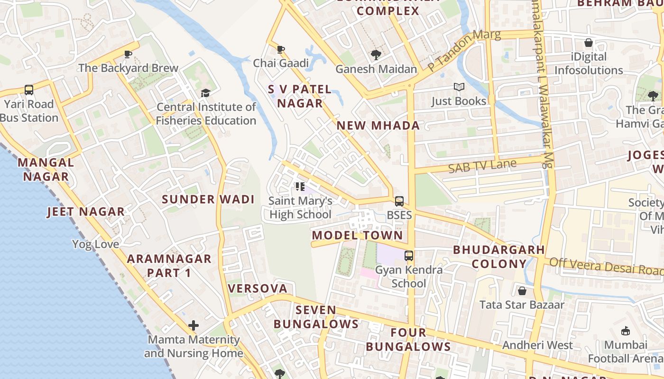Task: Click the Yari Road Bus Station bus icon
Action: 29,90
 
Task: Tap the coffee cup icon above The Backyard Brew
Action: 128,54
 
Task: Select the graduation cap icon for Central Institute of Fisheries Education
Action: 205,93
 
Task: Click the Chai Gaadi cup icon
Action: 281,49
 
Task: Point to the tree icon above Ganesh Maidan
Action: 376,55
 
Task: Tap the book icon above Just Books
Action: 459,87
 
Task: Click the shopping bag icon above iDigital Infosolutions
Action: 589,43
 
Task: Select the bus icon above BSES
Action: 399,201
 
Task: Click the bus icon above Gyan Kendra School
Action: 409,256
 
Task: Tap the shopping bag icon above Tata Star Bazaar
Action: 522,290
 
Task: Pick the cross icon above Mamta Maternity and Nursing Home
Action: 194,325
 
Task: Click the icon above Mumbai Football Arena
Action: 626,331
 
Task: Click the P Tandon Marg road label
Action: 464,51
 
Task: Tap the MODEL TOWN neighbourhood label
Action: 357,235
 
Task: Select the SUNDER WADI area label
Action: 208,199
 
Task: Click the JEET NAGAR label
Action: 86,212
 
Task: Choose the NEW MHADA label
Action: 378,126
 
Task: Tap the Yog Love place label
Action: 96,244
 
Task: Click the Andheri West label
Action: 537,345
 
